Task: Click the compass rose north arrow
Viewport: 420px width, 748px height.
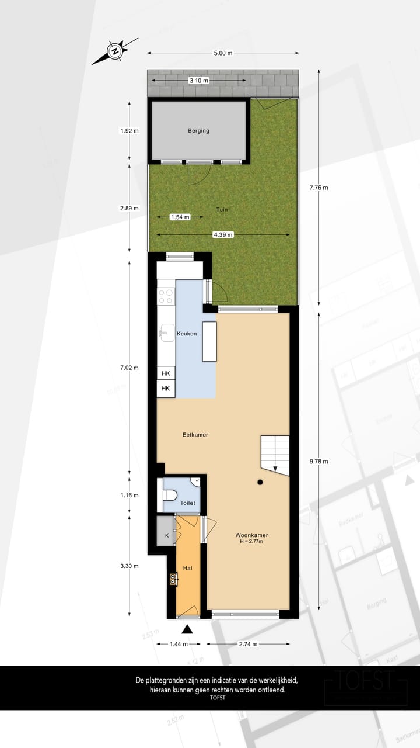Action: click(x=116, y=51)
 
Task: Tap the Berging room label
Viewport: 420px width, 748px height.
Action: click(x=198, y=131)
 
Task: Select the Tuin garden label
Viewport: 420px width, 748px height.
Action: click(x=221, y=210)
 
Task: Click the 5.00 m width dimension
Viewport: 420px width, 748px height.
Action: click(x=223, y=53)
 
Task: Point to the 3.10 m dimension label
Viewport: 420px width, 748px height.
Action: click(x=198, y=80)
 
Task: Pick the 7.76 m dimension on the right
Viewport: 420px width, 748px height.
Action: click(x=318, y=188)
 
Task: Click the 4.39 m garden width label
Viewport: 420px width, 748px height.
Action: click(x=222, y=235)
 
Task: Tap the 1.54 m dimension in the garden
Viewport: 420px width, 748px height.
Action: click(x=180, y=217)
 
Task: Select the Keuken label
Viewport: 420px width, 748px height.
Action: click(x=187, y=334)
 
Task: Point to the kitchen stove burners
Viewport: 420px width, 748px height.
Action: click(x=166, y=296)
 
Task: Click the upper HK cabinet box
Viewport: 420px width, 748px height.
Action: click(x=166, y=373)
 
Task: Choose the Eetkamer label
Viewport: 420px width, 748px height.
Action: click(x=195, y=435)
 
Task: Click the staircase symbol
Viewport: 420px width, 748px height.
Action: click(x=275, y=453)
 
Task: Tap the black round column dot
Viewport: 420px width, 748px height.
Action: click(x=260, y=482)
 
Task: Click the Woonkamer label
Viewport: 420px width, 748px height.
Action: click(x=251, y=535)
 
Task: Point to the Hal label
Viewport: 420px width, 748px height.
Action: click(x=188, y=567)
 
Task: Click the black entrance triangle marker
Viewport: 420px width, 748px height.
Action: click(x=187, y=629)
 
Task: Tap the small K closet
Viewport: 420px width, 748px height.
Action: click(x=166, y=535)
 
